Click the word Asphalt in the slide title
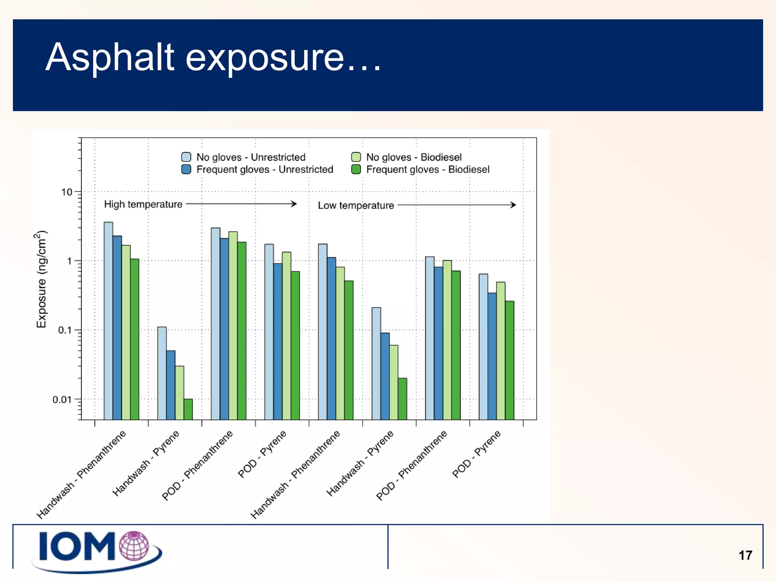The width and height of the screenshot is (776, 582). pyautogui.click(x=110, y=58)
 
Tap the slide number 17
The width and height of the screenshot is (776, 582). pyautogui.click(x=745, y=555)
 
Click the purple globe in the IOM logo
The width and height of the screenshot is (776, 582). pyautogui.click(x=134, y=546)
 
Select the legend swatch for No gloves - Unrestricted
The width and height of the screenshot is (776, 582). pyautogui.click(x=186, y=157)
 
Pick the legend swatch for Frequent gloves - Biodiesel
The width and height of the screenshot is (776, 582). pyautogui.click(x=356, y=169)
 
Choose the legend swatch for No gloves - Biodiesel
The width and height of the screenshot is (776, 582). pyautogui.click(x=356, y=157)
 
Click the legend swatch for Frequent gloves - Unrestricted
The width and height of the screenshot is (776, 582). pyautogui.click(x=186, y=169)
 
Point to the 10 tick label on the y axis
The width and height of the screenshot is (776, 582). pyautogui.click(x=67, y=192)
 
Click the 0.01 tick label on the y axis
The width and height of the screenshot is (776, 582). pyautogui.click(x=61, y=400)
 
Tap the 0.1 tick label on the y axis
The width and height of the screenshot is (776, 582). pyautogui.click(x=64, y=330)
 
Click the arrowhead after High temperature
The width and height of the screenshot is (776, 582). pyautogui.click(x=294, y=204)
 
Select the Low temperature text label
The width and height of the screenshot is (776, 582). pyautogui.click(x=356, y=205)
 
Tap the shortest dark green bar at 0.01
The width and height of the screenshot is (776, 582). pyautogui.click(x=188, y=409)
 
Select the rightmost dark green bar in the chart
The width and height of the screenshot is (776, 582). pyautogui.click(x=510, y=360)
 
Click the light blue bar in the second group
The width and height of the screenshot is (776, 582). pyautogui.click(x=162, y=373)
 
